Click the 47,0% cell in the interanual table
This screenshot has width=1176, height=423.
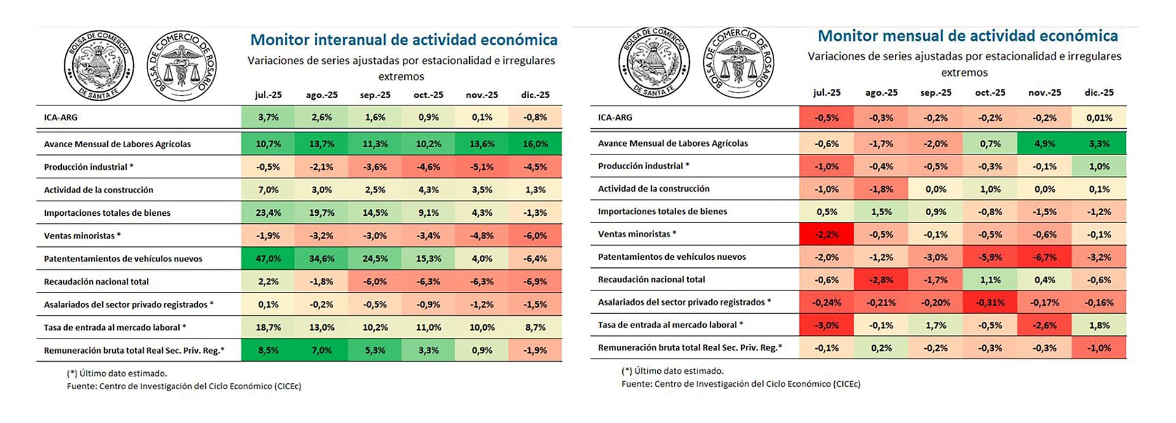(x=268, y=259)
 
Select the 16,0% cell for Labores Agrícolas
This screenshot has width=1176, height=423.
(x=535, y=144)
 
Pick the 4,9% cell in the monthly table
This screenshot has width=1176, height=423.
(x=1044, y=143)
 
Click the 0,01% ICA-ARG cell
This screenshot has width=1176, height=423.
(x=1099, y=118)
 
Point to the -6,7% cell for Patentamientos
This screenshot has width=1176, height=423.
(x=1044, y=257)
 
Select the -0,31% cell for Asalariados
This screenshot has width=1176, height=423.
(x=990, y=302)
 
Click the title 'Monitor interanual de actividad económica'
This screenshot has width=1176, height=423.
(x=404, y=40)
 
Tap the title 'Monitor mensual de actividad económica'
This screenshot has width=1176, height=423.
(x=968, y=36)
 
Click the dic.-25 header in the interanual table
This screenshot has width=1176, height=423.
(x=535, y=95)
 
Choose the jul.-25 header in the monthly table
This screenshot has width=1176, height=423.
(x=826, y=93)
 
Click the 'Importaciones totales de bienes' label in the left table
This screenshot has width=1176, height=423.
(x=107, y=213)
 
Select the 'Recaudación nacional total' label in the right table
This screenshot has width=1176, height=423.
(x=651, y=280)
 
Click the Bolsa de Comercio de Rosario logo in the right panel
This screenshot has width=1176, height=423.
(x=739, y=63)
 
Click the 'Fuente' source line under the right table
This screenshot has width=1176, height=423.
(x=741, y=384)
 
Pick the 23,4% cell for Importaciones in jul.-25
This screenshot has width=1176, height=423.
(x=268, y=213)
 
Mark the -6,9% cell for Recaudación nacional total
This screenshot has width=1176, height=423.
(x=535, y=281)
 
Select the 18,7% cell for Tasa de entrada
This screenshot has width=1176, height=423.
(x=268, y=327)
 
